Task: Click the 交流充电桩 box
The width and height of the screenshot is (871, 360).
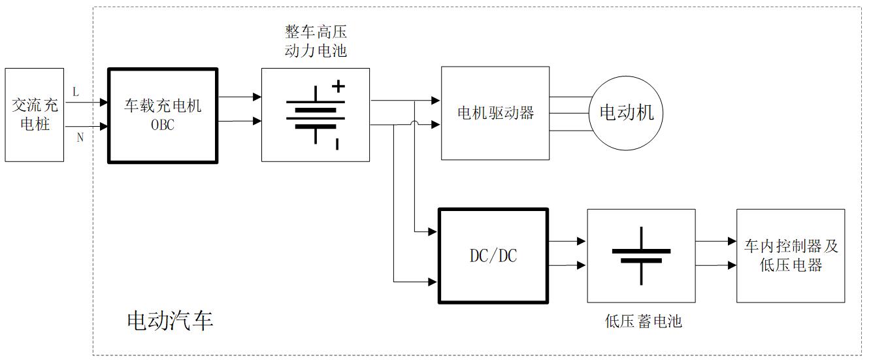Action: (35, 114)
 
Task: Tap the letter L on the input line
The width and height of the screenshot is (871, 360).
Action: (76, 92)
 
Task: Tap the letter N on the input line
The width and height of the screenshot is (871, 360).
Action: (80, 137)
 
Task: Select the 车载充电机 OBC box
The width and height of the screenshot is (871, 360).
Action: (163, 115)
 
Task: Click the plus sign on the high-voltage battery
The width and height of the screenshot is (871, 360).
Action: (338, 85)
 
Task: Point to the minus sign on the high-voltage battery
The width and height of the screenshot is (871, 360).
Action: (337, 144)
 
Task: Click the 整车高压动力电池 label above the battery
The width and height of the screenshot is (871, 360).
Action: (315, 41)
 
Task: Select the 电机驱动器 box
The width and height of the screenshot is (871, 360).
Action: (495, 113)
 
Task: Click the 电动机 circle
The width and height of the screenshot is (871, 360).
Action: (626, 113)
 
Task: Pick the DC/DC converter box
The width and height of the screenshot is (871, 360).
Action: (493, 256)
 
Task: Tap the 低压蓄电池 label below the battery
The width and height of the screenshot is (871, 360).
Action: (643, 321)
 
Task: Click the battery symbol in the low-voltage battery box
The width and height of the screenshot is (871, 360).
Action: (641, 255)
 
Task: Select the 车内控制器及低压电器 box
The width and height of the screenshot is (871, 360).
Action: (791, 255)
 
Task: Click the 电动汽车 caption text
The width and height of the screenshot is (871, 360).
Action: (169, 321)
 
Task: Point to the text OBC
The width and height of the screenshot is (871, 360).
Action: (163, 125)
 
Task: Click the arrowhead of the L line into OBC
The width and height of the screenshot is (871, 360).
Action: (104, 103)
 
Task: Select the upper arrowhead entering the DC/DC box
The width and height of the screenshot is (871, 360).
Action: (432, 232)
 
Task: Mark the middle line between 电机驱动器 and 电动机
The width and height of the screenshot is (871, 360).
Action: (569, 114)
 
